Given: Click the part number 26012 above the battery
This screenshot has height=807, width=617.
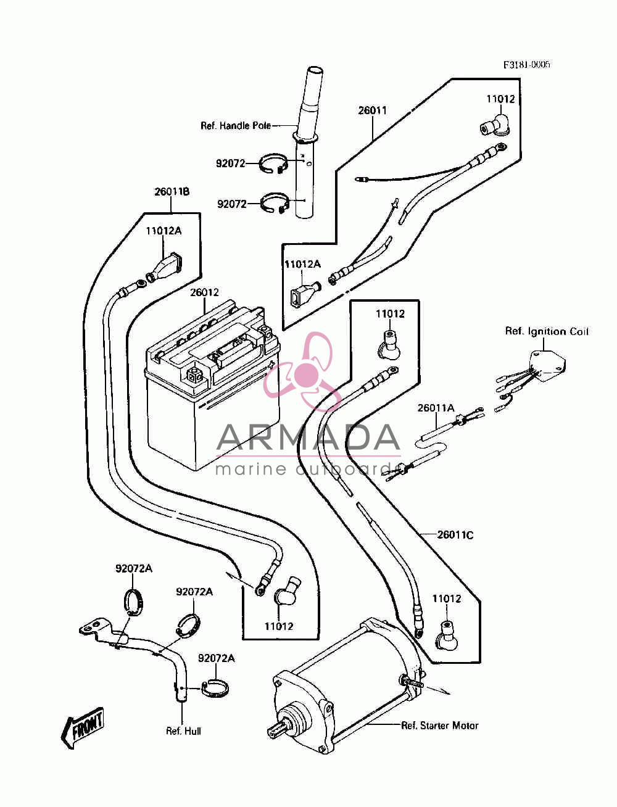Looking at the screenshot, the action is [204, 292].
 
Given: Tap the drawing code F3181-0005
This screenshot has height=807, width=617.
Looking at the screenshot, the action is [526, 65].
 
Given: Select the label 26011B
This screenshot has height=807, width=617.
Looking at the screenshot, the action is [172, 191].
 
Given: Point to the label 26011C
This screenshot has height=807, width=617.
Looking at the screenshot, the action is [455, 536].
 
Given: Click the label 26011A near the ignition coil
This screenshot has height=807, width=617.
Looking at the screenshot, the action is [436, 408].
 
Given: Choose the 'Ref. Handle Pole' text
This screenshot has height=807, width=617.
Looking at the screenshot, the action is [236, 126].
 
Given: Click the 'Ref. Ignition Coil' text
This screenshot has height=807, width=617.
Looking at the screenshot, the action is [547, 331].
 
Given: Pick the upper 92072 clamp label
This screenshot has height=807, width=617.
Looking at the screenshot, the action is [231, 163].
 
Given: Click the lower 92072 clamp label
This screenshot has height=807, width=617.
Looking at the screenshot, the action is [231, 204].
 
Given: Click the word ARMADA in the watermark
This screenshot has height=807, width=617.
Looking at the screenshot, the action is [308, 437].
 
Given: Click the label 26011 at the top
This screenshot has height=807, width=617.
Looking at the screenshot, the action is [373, 110].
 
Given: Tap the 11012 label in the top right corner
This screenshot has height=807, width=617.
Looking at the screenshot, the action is [501, 99].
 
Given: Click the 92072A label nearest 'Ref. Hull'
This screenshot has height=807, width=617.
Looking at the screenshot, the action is [216, 658].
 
